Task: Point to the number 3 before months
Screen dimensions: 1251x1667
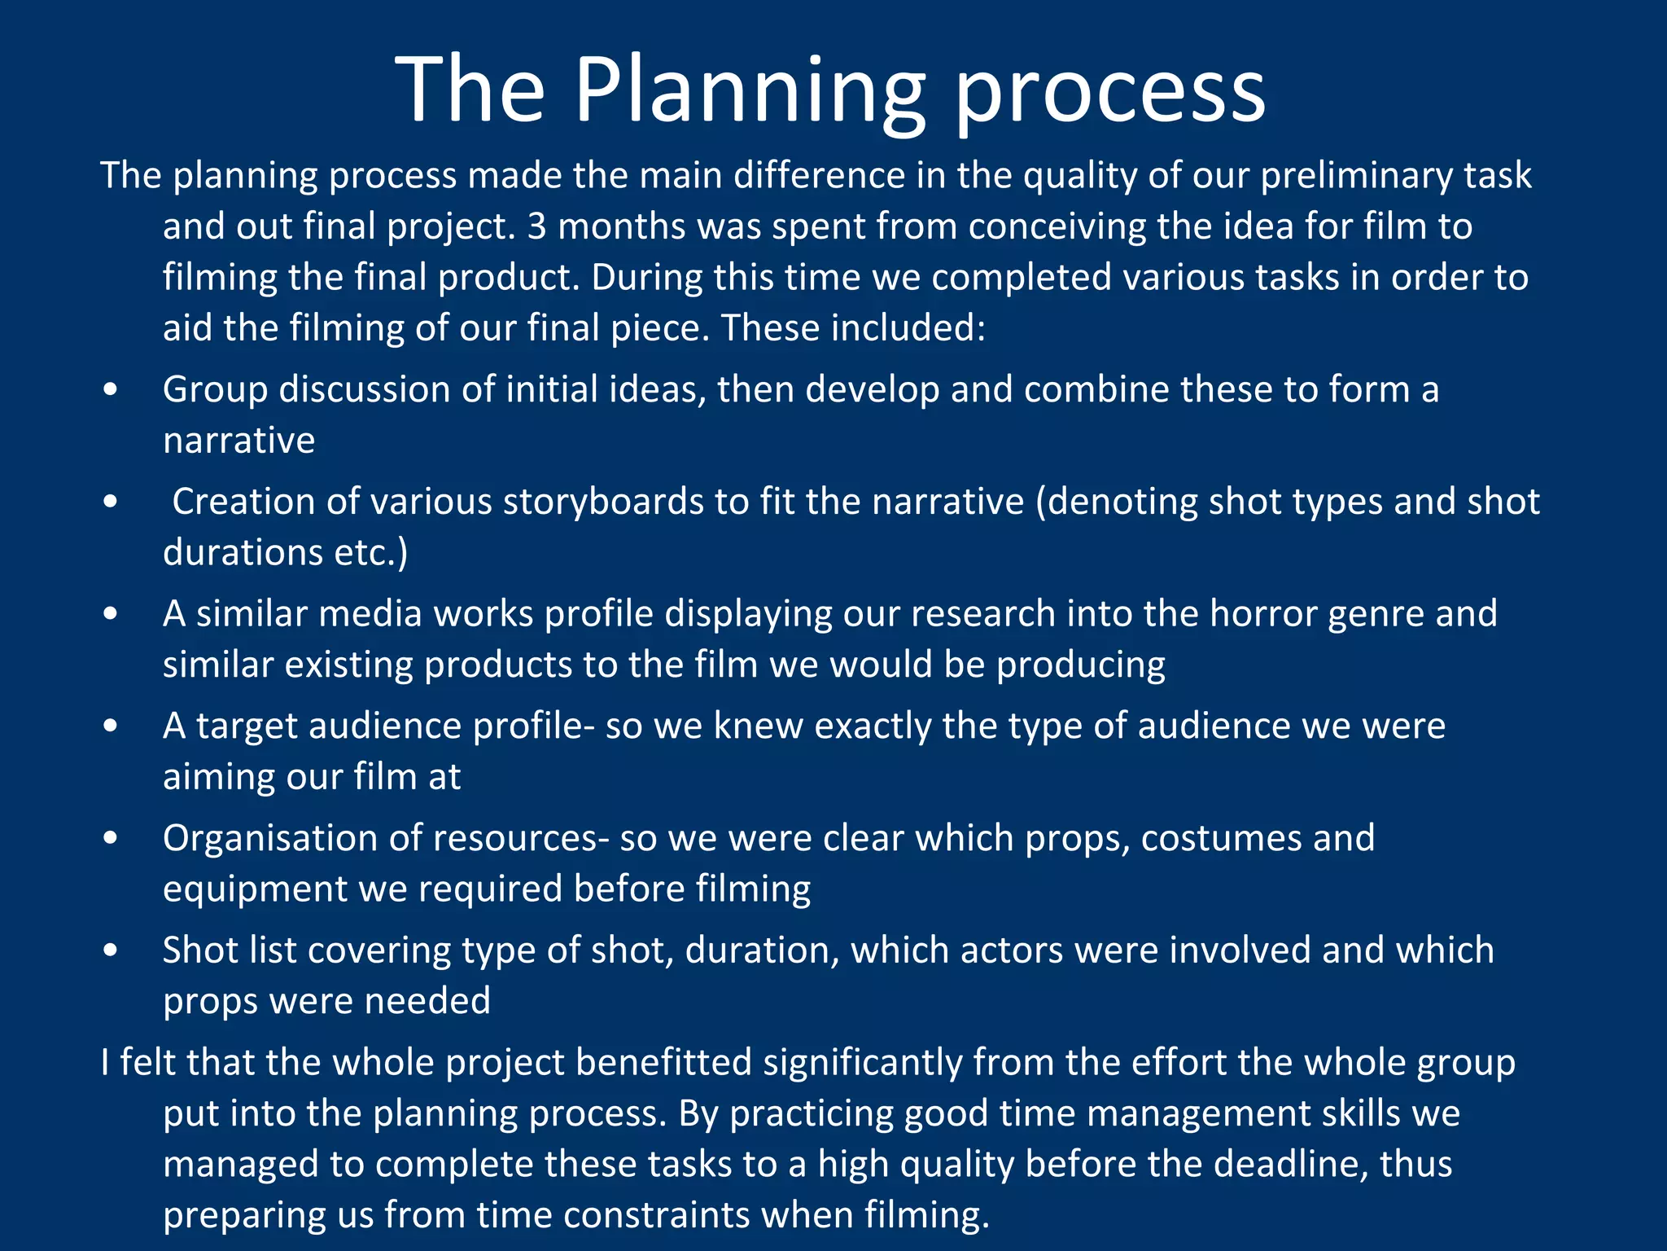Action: tap(536, 226)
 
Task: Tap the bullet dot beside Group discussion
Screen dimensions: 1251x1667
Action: tap(111, 390)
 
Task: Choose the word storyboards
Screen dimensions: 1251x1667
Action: tap(603, 502)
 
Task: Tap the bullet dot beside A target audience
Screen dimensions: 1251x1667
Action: tap(111, 726)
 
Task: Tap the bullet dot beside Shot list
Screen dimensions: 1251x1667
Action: tap(111, 950)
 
